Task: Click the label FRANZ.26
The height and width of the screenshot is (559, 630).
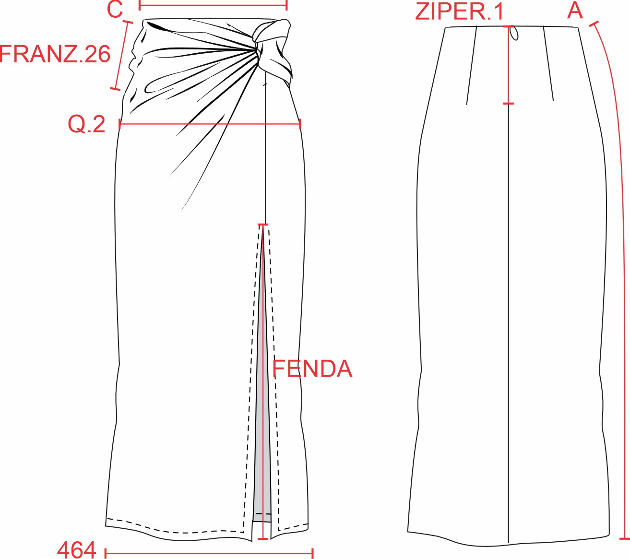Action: (55, 54)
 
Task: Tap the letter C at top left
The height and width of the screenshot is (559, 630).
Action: (115, 10)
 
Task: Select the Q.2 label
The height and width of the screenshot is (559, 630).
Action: (86, 124)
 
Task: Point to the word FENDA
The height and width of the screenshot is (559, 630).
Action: (312, 369)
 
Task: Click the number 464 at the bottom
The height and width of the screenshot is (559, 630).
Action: (76, 550)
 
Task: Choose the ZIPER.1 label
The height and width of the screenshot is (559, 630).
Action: (459, 12)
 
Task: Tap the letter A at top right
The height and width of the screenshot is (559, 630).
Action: (575, 11)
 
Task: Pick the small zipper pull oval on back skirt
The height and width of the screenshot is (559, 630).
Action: (514, 33)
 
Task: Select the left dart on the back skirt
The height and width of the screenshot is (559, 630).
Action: (472, 65)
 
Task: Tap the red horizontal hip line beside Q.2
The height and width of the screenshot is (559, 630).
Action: (210, 124)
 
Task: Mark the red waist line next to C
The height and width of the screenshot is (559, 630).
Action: (213, 6)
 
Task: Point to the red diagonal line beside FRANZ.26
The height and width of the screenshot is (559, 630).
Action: (122, 55)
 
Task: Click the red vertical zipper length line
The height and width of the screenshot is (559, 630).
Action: (509, 65)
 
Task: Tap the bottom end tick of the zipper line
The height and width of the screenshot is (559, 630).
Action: (509, 103)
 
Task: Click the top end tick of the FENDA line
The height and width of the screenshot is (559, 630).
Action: (263, 225)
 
